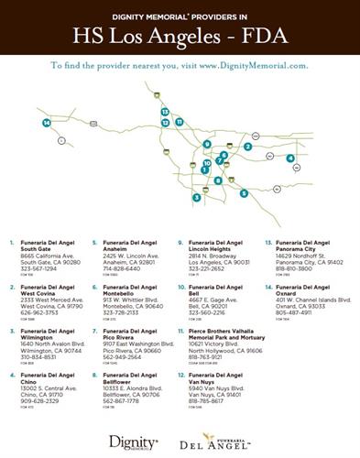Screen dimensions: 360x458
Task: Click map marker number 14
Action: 46,123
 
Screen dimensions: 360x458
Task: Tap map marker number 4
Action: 290,158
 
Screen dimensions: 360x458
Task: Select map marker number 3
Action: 196,197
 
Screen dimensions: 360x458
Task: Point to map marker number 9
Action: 208,145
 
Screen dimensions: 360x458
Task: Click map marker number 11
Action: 180,122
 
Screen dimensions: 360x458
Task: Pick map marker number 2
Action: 247,147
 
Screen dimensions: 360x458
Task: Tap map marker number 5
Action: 244,193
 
